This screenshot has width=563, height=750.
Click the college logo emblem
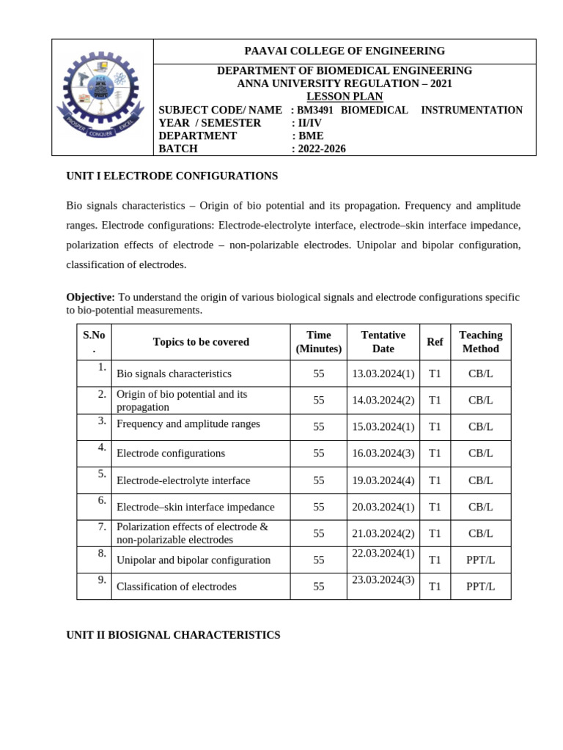(x=102, y=97)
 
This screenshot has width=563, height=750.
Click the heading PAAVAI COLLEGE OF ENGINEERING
(x=345, y=51)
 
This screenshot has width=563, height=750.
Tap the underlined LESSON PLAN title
(x=345, y=97)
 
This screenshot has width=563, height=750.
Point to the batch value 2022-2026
(x=322, y=149)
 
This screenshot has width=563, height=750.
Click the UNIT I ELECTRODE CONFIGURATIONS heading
(x=172, y=177)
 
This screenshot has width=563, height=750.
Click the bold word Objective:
(x=90, y=297)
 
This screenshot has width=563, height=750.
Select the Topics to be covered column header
(x=201, y=342)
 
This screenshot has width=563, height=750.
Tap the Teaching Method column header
(x=480, y=342)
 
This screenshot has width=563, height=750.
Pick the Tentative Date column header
(x=383, y=342)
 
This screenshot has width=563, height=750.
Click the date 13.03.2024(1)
(x=383, y=374)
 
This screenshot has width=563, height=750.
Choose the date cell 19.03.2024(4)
(x=383, y=480)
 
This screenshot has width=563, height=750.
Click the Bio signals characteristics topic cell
(x=174, y=374)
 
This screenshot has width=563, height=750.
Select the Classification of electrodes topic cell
(x=177, y=587)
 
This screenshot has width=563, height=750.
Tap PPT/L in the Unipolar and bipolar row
(x=480, y=560)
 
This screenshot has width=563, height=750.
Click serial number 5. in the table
(x=102, y=474)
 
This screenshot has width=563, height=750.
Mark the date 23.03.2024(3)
(x=383, y=579)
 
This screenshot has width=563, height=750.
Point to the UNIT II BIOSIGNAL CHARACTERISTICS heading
(x=173, y=636)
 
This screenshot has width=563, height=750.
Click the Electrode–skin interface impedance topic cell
(x=196, y=507)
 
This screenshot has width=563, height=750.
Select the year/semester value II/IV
(x=309, y=123)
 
